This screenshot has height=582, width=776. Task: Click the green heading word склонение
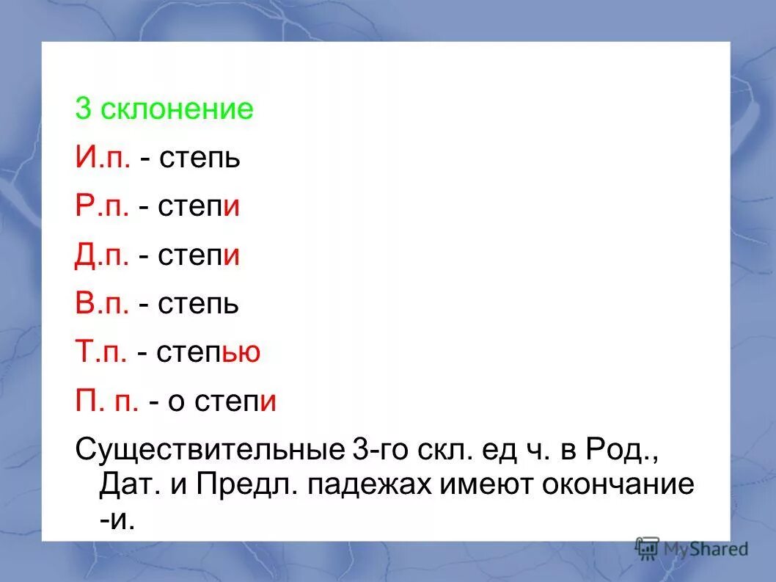[177, 110]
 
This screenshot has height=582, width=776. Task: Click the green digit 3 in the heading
[83, 110]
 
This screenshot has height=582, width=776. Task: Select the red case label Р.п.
[103, 207]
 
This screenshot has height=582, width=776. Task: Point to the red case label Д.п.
[103, 255]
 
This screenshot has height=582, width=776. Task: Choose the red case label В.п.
[103, 304]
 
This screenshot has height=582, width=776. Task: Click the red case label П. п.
[107, 401]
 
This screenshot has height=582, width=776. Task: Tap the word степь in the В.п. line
[197, 304]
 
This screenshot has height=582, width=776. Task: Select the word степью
[208, 353]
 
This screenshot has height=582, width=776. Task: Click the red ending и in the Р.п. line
[233, 208]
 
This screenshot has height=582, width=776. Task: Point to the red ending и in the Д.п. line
[233, 256]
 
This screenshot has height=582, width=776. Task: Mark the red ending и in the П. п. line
[268, 401]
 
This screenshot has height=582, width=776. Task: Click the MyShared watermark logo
[692, 548]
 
